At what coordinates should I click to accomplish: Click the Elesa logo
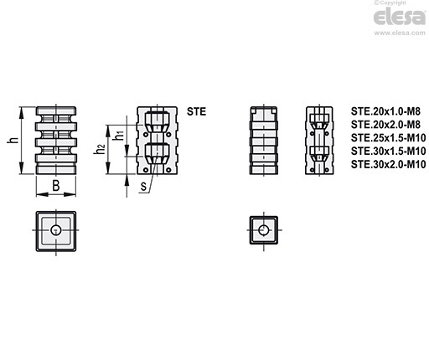point(400,17)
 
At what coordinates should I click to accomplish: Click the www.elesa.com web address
point(400,33)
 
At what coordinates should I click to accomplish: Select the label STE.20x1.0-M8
point(385,111)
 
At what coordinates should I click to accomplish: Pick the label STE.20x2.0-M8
point(385,125)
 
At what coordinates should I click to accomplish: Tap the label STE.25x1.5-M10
point(389,137)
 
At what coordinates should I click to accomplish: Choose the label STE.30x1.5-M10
point(389,151)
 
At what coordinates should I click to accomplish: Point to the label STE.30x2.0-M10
point(389,164)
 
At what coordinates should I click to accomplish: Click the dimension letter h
point(13,141)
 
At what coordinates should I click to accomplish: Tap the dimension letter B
point(56,186)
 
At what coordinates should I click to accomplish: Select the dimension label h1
point(119,135)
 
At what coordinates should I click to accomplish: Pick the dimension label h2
point(100,149)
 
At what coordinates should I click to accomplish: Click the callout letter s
point(143,187)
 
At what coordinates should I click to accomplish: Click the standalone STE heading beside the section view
point(197,111)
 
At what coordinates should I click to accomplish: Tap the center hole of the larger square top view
point(56,230)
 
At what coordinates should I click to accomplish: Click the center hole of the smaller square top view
point(263,230)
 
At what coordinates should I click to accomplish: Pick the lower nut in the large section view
point(157,153)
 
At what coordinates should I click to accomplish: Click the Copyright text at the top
point(390,3)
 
